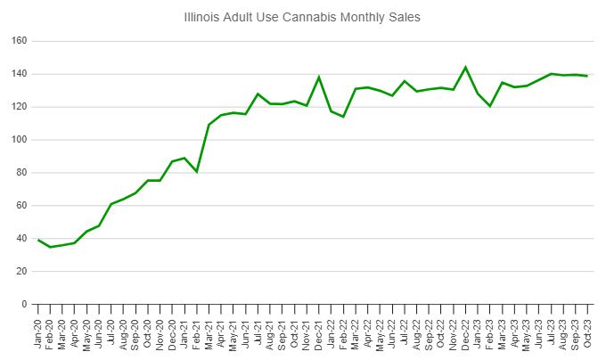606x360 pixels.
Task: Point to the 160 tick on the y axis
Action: (19, 41)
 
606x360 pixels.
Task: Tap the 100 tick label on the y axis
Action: (19, 140)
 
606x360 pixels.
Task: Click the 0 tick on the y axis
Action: (24, 305)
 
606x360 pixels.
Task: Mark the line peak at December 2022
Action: (465, 67)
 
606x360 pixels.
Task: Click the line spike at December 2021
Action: (319, 77)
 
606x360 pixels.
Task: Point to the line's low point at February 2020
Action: (51, 247)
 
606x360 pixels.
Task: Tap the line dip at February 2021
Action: (197, 171)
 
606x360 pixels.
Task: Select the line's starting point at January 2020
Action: (38, 240)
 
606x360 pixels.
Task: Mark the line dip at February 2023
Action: (489, 106)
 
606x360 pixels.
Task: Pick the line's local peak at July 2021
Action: (258, 94)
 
